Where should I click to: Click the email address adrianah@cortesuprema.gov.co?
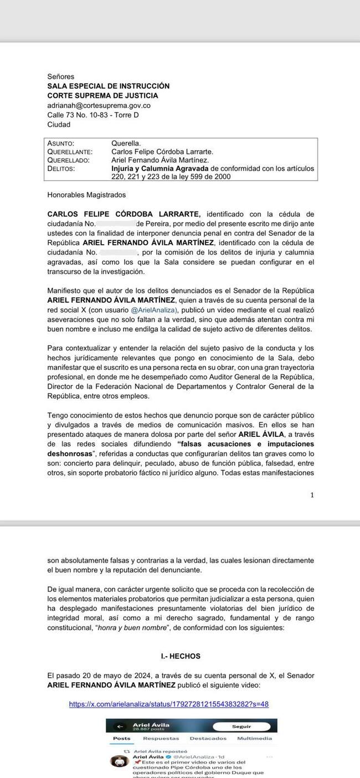point(99,105)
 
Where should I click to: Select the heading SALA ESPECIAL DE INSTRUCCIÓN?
point(109,86)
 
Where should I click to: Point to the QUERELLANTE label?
point(70,151)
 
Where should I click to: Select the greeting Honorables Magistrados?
point(86,195)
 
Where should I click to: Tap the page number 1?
point(312,494)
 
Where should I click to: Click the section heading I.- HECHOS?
point(181,656)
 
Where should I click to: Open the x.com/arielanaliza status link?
point(169,704)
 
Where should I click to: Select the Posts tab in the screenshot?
point(122,738)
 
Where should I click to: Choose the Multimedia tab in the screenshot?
point(255,738)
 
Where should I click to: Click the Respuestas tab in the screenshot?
point(161,738)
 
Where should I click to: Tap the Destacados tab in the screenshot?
point(208,738)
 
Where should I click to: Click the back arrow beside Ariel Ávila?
point(119,726)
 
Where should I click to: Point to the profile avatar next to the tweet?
point(117,761)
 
